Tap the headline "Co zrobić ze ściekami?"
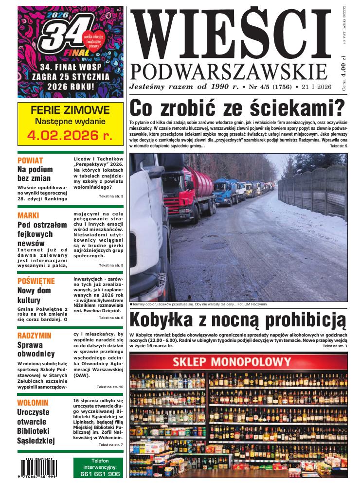237,106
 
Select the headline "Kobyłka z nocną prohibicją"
238,320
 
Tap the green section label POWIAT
30,160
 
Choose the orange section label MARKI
28,215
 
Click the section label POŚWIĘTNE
36,281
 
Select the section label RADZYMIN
34,336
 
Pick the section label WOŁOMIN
33,403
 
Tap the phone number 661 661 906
99,474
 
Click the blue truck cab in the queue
222,191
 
